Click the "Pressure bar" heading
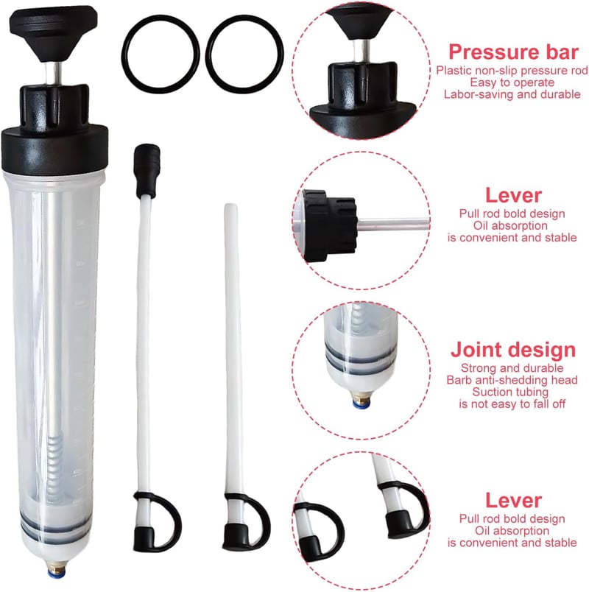pyautogui.click(x=513, y=52)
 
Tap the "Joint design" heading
pyautogui.click(x=513, y=350)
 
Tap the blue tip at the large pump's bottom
pyautogui.click(x=56, y=574)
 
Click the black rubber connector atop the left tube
pyautogui.click(x=147, y=169)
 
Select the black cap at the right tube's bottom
pyautogui.click(x=235, y=535)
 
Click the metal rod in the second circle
pyautogui.click(x=393, y=225)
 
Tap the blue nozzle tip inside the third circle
pyautogui.click(x=361, y=405)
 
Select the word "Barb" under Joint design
pyautogui.click(x=458, y=380)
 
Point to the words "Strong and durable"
pyautogui.click(x=512, y=368)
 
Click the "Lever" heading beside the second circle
pyautogui.click(x=513, y=196)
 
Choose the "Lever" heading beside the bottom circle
pyautogui.click(x=513, y=501)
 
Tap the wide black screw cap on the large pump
pyautogui.click(x=54, y=149)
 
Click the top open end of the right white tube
pyautogui.click(x=230, y=206)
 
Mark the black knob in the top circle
pyautogui.click(x=360, y=22)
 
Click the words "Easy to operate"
pyautogui.click(x=512, y=82)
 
